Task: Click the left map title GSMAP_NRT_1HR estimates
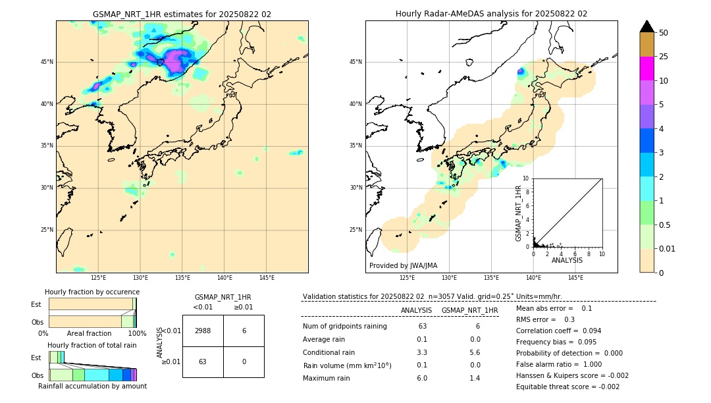click(182, 14)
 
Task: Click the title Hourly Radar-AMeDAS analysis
click(491, 14)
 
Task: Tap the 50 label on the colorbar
click(664, 33)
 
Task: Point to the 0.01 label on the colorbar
click(668, 248)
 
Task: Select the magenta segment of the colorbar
click(646, 68)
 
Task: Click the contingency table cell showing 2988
click(203, 331)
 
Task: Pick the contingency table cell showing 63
click(203, 362)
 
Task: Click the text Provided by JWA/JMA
click(403, 265)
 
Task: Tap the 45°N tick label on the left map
click(47, 62)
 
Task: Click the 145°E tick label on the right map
click(575, 278)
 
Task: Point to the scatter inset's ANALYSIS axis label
click(567, 260)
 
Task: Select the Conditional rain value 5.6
click(474, 352)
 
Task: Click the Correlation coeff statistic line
click(558, 331)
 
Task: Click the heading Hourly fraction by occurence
click(92, 292)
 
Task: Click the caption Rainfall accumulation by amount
click(92, 386)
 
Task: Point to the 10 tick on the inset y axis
click(526, 178)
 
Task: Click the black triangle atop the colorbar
click(646, 26)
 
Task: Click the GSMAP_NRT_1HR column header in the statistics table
click(469, 310)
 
